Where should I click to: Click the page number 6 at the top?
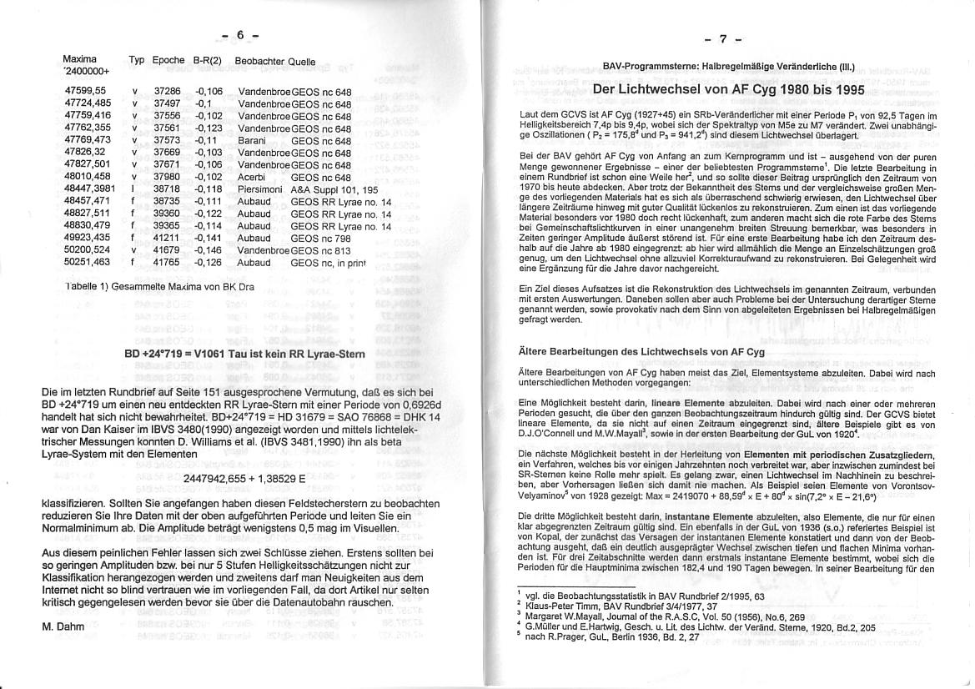239,35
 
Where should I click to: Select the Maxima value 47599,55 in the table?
84,90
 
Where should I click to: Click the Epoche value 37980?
167,177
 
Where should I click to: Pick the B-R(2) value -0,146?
209,249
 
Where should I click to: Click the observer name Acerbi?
252,177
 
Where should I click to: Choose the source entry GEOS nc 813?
320,249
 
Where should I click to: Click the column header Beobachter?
259,61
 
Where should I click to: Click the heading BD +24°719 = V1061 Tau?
244,354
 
